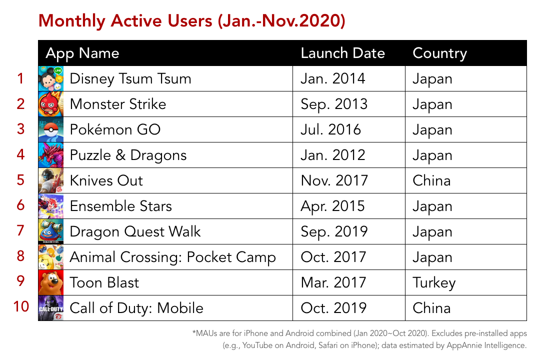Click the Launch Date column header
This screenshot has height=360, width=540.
(x=342, y=53)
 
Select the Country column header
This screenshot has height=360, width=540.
(x=440, y=53)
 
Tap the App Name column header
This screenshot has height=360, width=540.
(x=82, y=54)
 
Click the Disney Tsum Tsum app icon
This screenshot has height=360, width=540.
(x=51, y=78)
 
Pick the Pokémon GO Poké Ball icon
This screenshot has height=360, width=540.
(x=51, y=129)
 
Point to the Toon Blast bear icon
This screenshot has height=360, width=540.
(x=51, y=282)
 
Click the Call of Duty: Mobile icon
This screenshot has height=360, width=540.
(x=51, y=308)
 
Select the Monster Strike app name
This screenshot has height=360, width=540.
(x=118, y=104)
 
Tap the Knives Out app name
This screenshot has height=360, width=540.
(x=106, y=180)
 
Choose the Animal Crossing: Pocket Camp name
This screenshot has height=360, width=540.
(x=173, y=257)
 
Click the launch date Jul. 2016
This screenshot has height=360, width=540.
(x=330, y=129)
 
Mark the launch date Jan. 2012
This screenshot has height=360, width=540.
(x=332, y=155)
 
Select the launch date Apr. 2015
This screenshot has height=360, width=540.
(x=332, y=206)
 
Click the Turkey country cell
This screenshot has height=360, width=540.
(x=434, y=283)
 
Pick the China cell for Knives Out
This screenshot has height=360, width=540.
(x=431, y=180)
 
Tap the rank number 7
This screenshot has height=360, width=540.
(x=20, y=230)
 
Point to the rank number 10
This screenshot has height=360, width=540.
(x=21, y=306)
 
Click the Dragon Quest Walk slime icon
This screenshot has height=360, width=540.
(x=51, y=231)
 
